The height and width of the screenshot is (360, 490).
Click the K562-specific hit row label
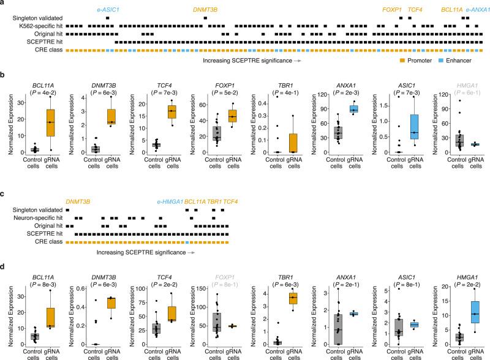click(36, 27)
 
